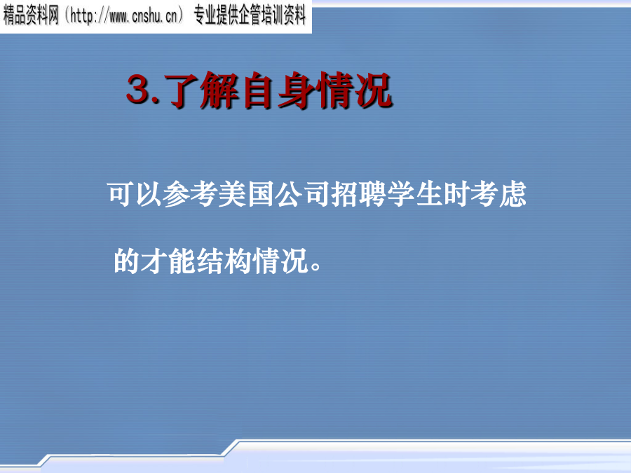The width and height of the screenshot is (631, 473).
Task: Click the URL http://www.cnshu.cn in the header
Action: coord(123,17)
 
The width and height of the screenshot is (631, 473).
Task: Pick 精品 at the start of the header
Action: coord(14,17)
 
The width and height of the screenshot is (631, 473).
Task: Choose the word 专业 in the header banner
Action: coord(205,17)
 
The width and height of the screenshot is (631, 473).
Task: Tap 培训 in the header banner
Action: coord(273,17)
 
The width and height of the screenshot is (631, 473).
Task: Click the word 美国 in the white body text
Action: coord(247,194)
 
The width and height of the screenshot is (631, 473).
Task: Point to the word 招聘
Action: coord(358,194)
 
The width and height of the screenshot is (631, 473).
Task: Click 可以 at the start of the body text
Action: coord(135,194)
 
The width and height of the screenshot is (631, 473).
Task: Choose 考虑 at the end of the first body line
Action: coord(498,194)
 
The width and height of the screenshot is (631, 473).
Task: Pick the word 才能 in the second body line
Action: coord(168,261)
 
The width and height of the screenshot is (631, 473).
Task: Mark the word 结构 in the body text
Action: coord(224,261)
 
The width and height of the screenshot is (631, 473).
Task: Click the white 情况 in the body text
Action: coord(280,261)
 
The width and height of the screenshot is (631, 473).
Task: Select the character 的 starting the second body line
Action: coord(127,261)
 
